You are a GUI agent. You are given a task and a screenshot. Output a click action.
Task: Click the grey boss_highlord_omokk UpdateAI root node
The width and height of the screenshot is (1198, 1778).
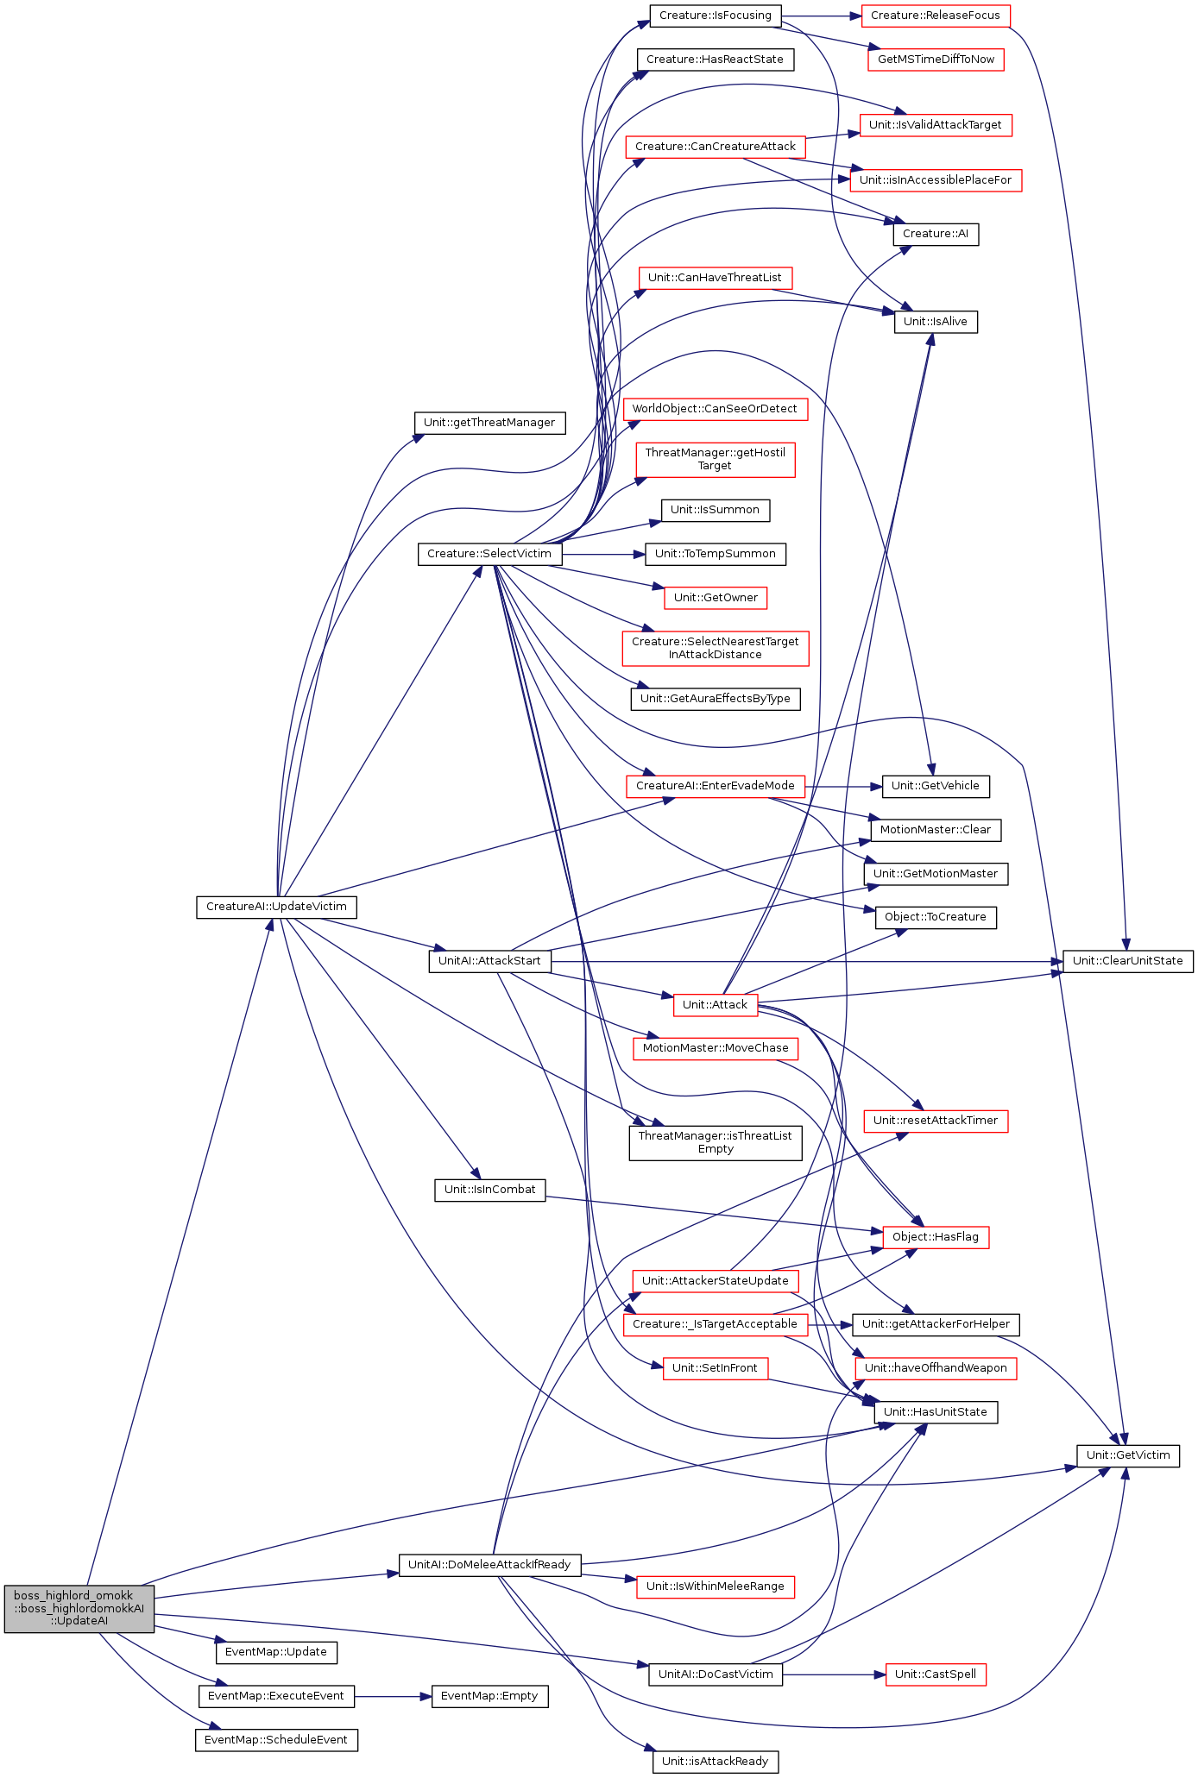pos(79,1608)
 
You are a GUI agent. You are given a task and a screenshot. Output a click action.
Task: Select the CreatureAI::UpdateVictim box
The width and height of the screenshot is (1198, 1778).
pos(276,907)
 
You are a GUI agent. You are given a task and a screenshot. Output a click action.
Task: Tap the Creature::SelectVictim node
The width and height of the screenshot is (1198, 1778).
pos(489,554)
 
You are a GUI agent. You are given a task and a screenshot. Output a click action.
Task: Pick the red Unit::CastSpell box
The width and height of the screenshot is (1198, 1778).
pos(936,1674)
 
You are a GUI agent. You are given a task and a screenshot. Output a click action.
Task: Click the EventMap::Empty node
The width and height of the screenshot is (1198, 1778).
pos(489,1696)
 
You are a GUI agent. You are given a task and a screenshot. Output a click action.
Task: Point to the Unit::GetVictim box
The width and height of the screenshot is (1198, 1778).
pos(1128,1455)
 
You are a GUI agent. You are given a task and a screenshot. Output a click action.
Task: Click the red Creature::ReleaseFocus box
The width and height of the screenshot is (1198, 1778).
pos(936,16)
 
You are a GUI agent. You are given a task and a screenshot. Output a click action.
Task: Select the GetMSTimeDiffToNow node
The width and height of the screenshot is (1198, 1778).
pos(936,60)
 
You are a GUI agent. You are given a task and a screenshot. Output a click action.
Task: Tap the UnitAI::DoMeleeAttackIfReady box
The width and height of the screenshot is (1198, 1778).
pos(489,1565)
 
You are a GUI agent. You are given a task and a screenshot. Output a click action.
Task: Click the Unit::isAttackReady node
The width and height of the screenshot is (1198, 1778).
pos(715,1762)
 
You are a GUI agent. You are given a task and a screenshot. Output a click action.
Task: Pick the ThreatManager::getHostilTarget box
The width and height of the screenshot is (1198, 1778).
pos(715,460)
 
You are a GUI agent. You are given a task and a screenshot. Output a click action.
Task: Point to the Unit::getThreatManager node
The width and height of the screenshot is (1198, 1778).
pos(489,423)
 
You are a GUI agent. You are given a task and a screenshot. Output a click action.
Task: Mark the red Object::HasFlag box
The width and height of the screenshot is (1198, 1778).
pos(936,1237)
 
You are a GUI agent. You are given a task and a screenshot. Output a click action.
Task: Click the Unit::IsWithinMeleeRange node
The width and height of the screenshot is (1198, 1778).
pos(715,1586)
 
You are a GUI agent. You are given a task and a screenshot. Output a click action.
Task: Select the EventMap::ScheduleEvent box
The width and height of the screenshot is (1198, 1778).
pos(276,1740)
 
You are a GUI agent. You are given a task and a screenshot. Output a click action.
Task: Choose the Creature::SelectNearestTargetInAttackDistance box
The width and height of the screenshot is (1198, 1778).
pos(715,649)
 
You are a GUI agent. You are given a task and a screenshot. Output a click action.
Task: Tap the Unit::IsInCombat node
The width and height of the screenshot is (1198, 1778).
pos(489,1190)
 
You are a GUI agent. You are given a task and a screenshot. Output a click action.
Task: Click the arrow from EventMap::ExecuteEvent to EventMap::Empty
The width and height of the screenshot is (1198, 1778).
pos(393,1696)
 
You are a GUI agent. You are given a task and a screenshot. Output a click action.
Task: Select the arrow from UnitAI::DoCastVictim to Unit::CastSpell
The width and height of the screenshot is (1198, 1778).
pos(834,1674)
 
